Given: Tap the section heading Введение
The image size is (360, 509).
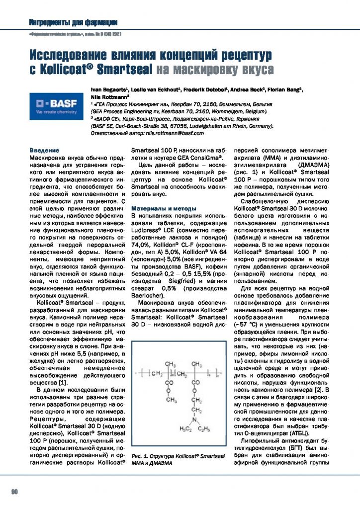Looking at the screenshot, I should [x=45, y=150].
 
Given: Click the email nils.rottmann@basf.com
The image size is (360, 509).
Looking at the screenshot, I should [x=176, y=134].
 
